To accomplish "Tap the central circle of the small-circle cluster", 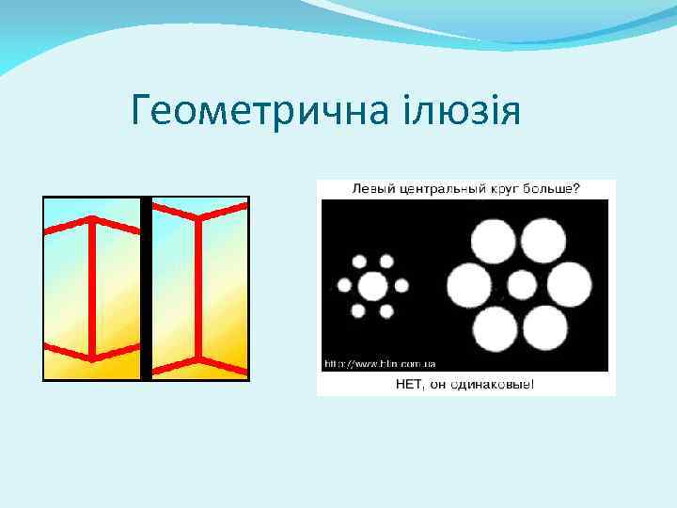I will pyautogui.click(x=373, y=284).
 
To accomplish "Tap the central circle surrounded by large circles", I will pyautogui.click(x=522, y=284).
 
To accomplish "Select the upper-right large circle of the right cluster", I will pyautogui.click(x=550, y=241).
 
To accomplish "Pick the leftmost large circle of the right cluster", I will pyautogui.click(x=468, y=284).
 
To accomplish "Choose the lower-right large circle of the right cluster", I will pyautogui.click(x=550, y=327).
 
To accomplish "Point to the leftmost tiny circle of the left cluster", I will pyautogui.click(x=344, y=284).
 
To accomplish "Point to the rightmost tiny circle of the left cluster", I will pyautogui.click(x=402, y=284).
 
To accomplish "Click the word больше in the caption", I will pyautogui.click(x=554, y=188).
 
